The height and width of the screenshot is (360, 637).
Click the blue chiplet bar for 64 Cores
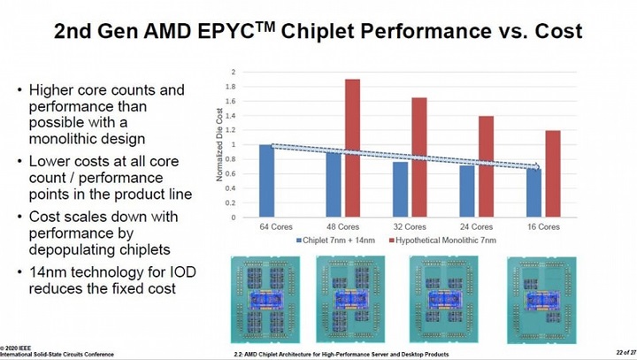(x=266, y=180)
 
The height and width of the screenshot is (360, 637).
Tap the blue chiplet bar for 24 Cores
(x=467, y=191)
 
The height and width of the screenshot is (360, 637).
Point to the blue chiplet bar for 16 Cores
(x=533, y=193)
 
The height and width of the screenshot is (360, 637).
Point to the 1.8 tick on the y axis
(x=233, y=86)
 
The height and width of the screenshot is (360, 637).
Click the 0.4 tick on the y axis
(x=233, y=188)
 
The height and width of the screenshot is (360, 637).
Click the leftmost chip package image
(x=263, y=300)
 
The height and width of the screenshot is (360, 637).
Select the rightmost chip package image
(x=537, y=300)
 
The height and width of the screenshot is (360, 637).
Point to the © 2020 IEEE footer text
(x=19, y=345)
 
